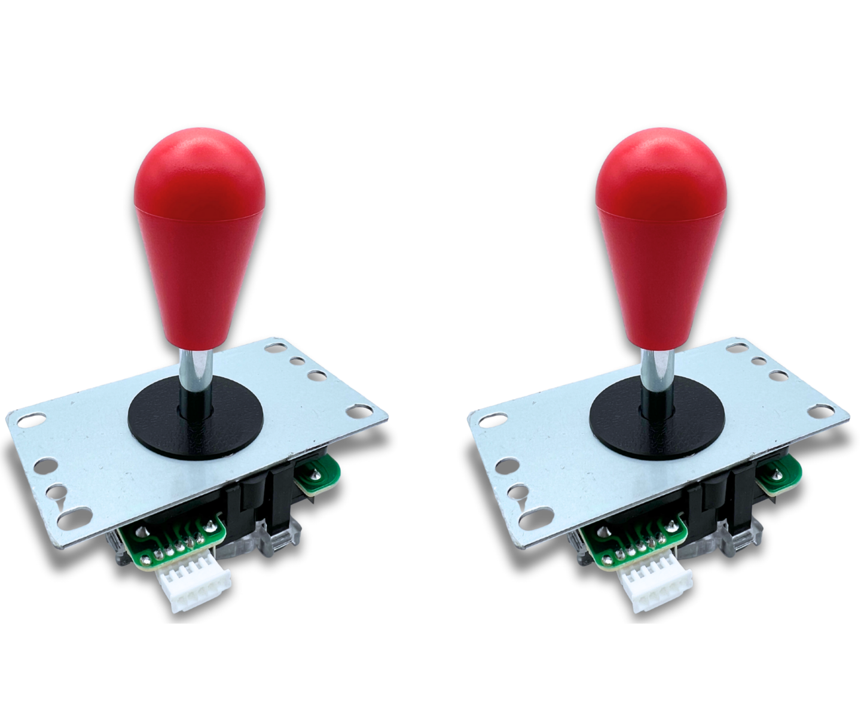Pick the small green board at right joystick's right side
(777, 473)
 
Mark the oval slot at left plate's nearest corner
(74, 516)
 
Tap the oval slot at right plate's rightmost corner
(822, 410)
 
